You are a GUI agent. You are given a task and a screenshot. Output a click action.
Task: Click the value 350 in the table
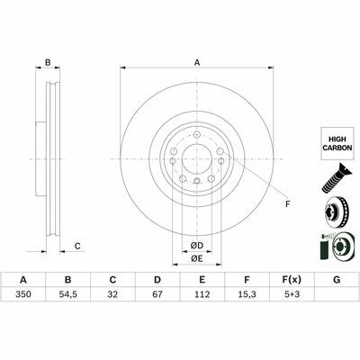click(x=23, y=294)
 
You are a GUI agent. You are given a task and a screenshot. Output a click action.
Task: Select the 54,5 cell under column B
click(x=68, y=294)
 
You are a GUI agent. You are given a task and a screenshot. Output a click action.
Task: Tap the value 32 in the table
click(x=112, y=294)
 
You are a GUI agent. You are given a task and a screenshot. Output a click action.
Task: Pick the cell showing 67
click(x=157, y=294)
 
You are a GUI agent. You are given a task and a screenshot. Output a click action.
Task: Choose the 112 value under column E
click(x=202, y=294)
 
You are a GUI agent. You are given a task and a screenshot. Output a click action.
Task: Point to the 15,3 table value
click(x=247, y=294)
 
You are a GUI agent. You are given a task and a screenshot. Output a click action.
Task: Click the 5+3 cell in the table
click(x=292, y=294)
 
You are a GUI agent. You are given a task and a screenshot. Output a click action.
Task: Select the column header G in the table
click(x=337, y=280)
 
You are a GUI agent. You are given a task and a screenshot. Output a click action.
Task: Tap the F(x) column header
click(x=292, y=280)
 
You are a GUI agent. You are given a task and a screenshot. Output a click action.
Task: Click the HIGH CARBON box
click(x=337, y=143)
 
